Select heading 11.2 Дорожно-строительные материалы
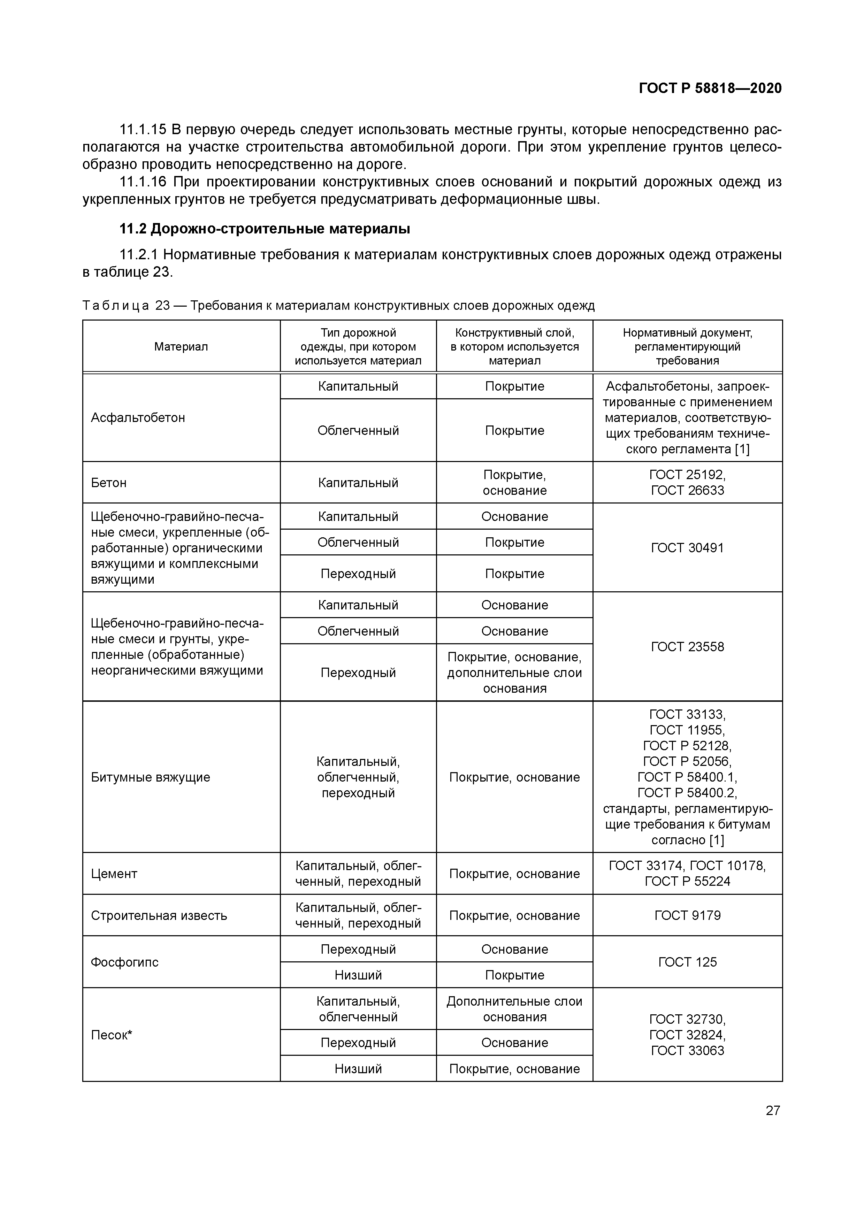265,229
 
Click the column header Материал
181,346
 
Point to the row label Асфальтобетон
138,417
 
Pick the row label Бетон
109,482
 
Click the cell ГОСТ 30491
687,548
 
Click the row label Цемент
114,874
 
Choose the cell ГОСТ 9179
687,915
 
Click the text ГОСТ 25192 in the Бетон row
687,474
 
